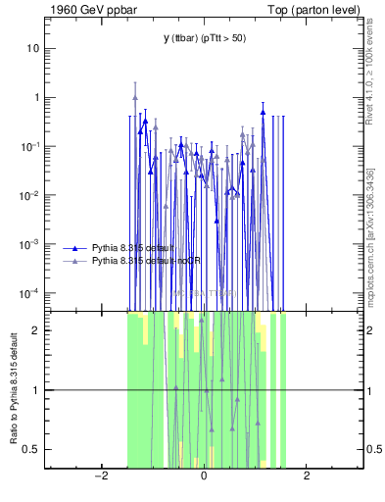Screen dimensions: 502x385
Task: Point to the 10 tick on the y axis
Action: tap(33, 48)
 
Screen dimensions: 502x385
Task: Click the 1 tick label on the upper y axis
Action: tap(36, 97)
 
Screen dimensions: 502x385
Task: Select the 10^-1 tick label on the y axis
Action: tap(31, 146)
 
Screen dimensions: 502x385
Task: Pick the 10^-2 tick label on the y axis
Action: tap(31, 195)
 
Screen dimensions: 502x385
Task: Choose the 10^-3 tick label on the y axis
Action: tap(31, 244)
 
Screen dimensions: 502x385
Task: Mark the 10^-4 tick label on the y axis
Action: tap(31, 293)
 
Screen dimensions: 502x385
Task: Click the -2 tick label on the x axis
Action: tap(100, 477)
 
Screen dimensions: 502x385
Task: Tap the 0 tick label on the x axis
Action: tap(204, 477)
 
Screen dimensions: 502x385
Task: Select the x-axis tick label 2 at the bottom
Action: tap(307, 477)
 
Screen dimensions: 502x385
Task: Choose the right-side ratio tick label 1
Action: tap(370, 390)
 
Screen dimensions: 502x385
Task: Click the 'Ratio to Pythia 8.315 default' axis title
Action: tap(13, 389)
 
